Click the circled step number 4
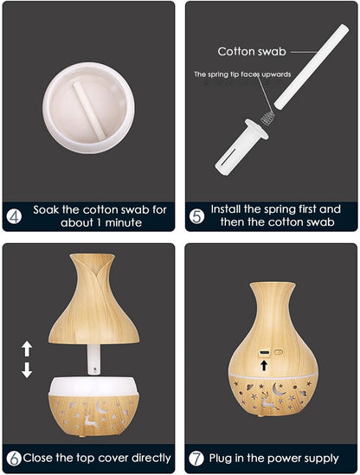pyautogui.click(x=14, y=216)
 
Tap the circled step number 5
pyautogui.click(x=197, y=216)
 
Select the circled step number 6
pyautogui.click(x=14, y=459)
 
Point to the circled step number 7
pyautogui.click(x=196, y=459)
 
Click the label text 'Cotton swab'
pyautogui.click(x=252, y=52)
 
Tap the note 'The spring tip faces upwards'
pyautogui.click(x=242, y=74)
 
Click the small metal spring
pyautogui.click(x=268, y=118)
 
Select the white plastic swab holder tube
pyautogui.click(x=241, y=146)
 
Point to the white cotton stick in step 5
pyautogui.click(x=312, y=67)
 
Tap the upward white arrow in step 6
pyautogui.click(x=27, y=349)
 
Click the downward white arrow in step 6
pyautogui.click(x=27, y=370)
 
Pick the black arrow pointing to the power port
pyautogui.click(x=264, y=365)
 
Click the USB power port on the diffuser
pyautogui.click(x=264, y=353)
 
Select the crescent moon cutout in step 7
pyautogui.click(x=278, y=389)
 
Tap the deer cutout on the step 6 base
pyautogui.click(x=91, y=421)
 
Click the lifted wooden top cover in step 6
pyautogui.click(x=94, y=299)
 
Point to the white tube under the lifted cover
pyautogui.click(x=94, y=359)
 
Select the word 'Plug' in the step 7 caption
pyautogui.click(x=221, y=458)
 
